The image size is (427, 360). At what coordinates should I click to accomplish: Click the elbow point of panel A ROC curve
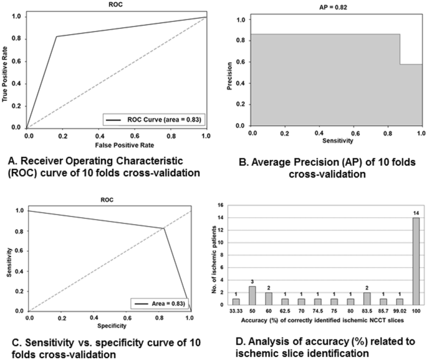coord(56,37)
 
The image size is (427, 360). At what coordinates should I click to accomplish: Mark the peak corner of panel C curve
coord(165,229)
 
